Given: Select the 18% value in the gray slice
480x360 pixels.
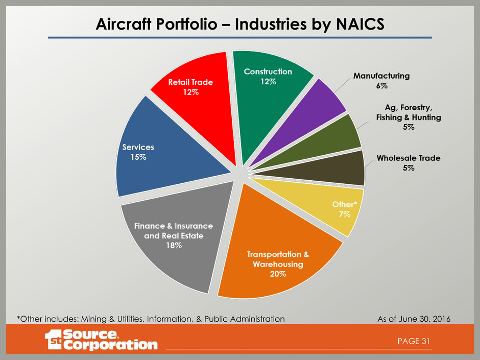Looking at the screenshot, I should (x=173, y=246).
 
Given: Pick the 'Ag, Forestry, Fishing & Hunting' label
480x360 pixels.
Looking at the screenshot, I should (x=408, y=117).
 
